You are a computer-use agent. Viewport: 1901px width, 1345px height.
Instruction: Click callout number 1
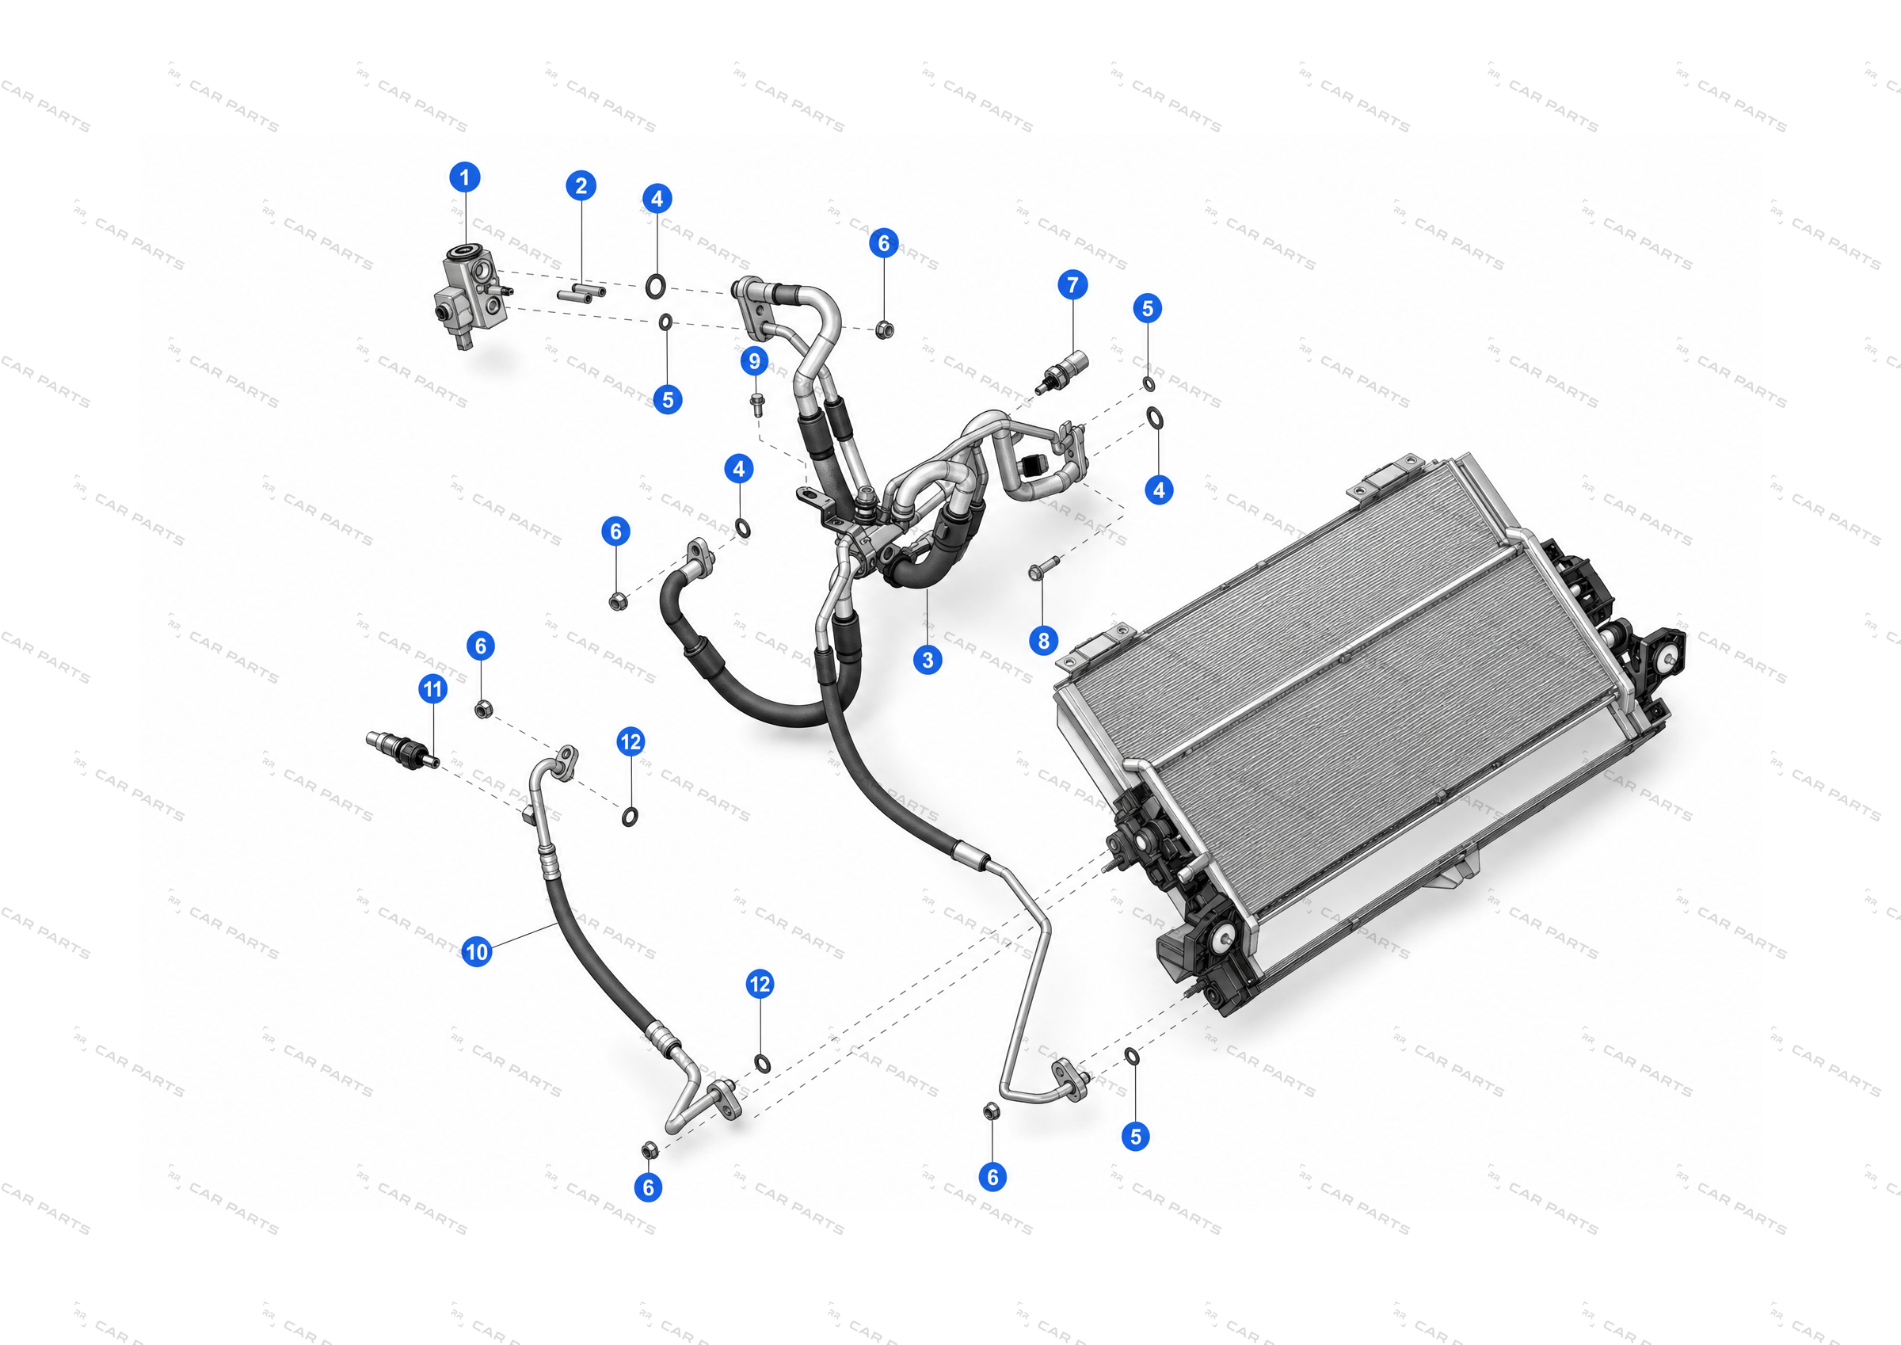[464, 177]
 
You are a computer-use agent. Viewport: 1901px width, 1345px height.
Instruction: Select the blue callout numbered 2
[581, 185]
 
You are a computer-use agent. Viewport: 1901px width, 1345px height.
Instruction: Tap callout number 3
[928, 660]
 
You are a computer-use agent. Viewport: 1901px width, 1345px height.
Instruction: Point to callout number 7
[1073, 285]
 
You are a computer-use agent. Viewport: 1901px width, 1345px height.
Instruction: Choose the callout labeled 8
[1043, 640]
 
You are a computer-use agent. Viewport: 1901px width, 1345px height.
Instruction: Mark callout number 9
[754, 361]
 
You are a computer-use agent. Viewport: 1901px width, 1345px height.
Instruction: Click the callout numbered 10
[477, 951]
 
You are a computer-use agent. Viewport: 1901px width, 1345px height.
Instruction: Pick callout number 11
[433, 688]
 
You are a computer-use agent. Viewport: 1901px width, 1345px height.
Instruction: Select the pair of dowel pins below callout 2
[581, 292]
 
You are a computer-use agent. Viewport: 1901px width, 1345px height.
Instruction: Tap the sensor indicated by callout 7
[1061, 373]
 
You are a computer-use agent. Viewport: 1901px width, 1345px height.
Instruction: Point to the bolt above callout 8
[1043, 568]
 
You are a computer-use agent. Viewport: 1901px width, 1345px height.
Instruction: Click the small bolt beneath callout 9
[756, 403]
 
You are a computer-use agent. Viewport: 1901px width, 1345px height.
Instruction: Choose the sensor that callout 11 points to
[402, 749]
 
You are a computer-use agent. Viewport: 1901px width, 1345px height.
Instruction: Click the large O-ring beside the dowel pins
[655, 287]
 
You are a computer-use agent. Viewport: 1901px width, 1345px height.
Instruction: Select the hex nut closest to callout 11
[484, 709]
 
